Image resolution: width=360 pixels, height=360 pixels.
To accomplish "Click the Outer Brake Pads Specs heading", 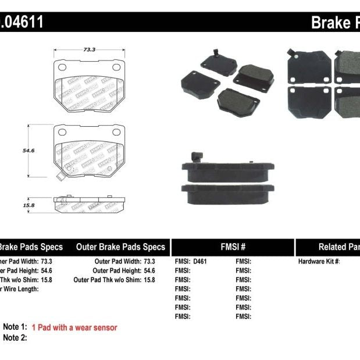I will tap(120, 247).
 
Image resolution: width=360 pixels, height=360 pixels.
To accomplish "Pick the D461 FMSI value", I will tap(199, 261).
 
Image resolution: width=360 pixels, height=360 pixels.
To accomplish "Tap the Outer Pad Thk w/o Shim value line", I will tap(115, 280).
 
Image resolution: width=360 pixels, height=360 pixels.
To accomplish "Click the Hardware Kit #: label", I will tap(319, 261).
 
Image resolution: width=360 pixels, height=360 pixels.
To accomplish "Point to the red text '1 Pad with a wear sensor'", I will tap(74, 327).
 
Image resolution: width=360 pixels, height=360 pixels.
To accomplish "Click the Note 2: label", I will tap(15, 338).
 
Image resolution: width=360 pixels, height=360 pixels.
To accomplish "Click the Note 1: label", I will tap(15, 327).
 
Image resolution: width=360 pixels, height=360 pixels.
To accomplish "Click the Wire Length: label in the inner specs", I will tap(20, 289).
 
